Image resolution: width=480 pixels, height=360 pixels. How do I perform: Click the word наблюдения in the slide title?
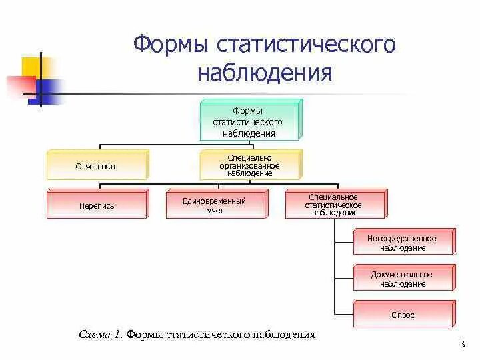265,72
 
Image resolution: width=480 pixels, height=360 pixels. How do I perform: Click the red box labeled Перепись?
96,205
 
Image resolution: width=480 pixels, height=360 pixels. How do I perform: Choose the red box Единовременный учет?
215,205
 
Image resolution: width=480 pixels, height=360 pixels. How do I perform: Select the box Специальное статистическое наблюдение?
333,205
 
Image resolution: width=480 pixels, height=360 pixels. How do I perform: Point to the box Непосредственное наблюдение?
402,243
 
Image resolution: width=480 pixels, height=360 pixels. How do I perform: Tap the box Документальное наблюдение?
402,279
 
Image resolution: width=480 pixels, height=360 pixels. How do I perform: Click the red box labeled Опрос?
402,315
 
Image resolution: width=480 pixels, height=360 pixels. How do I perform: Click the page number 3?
461,344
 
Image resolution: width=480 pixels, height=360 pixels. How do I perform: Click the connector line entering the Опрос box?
343,313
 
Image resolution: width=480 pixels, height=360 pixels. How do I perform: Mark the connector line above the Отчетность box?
99,147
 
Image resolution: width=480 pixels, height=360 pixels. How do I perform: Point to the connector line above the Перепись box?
99,185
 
